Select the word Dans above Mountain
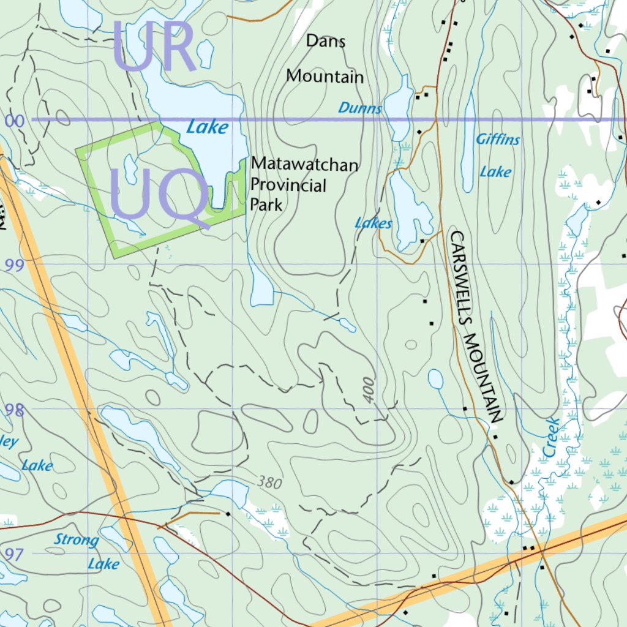click(326, 41)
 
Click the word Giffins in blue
click(498, 140)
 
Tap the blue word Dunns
click(360, 109)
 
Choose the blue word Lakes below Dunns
click(373, 223)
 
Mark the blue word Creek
click(549, 437)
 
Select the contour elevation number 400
click(367, 389)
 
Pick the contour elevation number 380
click(269, 482)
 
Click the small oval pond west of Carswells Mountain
click(435, 380)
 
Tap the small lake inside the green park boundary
click(130, 169)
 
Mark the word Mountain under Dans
click(325, 77)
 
